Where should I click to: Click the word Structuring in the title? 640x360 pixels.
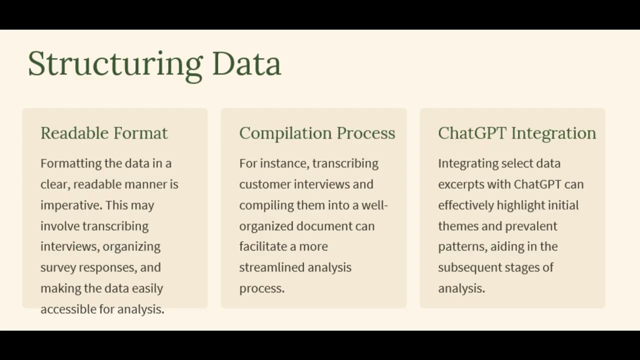[x=114, y=64]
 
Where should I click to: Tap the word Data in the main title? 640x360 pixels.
[x=246, y=64]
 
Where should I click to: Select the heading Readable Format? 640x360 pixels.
[x=104, y=133]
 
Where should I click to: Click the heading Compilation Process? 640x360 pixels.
[x=317, y=133]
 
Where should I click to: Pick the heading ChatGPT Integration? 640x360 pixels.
[x=517, y=133]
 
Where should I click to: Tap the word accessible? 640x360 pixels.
[x=68, y=309]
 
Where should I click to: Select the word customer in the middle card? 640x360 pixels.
[x=264, y=184]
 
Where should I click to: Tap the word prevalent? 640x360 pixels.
[x=531, y=226]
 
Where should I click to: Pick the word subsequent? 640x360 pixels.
[x=470, y=267]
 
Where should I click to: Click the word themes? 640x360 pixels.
[x=457, y=226]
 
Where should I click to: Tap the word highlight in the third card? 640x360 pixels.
[x=519, y=205]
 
